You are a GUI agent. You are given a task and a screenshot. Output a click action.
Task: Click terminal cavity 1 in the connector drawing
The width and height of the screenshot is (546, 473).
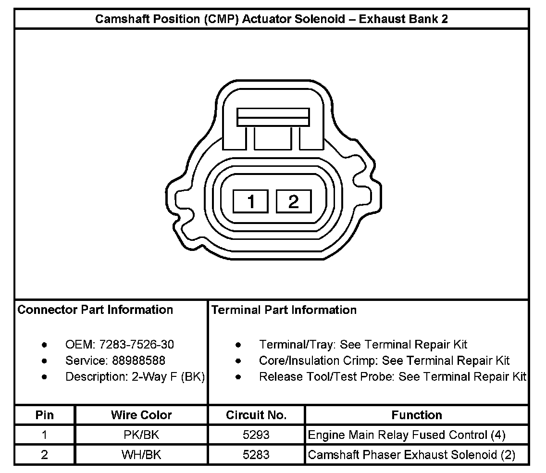[x=250, y=201]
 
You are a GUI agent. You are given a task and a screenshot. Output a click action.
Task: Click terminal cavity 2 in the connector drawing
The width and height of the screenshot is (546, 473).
[x=293, y=201]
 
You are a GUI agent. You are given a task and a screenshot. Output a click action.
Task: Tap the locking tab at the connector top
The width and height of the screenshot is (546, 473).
[x=273, y=117]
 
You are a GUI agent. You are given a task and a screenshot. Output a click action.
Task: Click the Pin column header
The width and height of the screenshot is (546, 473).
[x=45, y=415]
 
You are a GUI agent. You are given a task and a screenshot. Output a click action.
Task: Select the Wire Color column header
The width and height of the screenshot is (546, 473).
[x=141, y=415]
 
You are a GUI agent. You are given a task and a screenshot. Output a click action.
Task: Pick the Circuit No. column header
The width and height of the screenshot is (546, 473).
[x=256, y=415]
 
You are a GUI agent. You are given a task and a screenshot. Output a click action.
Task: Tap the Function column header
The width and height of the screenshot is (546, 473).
[x=417, y=415]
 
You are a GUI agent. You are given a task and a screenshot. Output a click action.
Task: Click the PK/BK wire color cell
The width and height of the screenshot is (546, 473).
[x=141, y=435]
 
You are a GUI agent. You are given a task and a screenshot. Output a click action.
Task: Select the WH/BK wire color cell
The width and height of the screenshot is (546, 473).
[x=141, y=455]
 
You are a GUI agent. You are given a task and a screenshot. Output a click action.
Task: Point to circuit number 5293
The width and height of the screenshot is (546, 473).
[x=256, y=435]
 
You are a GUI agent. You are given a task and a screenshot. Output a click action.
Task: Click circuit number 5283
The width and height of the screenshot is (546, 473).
[x=256, y=455]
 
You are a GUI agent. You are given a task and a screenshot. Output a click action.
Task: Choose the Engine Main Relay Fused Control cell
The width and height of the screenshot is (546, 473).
[x=407, y=435]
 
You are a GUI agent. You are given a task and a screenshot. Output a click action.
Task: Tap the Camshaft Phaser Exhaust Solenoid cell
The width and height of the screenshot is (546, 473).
[x=411, y=455]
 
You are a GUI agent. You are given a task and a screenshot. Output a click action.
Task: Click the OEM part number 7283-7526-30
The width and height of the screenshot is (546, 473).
[x=137, y=345]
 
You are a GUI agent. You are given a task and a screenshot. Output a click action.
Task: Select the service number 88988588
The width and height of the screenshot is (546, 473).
[x=138, y=361]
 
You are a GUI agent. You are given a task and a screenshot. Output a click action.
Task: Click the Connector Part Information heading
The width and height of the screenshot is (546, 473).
[x=95, y=310]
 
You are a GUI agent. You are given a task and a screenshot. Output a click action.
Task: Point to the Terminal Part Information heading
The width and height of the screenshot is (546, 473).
[x=284, y=310]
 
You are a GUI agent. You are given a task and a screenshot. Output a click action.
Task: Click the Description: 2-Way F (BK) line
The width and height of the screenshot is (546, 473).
[x=135, y=377]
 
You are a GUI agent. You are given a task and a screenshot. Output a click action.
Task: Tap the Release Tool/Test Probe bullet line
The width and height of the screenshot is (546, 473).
[x=393, y=377]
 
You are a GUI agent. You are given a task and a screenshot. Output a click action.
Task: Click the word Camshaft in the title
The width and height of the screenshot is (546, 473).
[x=119, y=19]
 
